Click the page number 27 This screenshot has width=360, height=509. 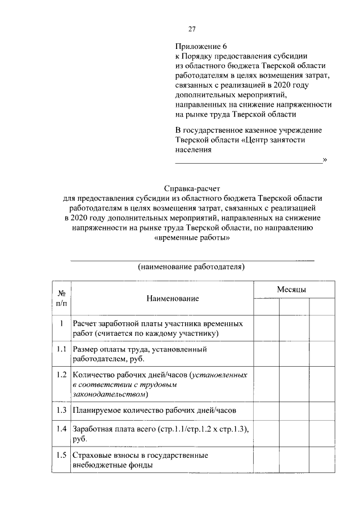(x=192, y=29)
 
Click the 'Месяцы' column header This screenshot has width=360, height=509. (x=291, y=289)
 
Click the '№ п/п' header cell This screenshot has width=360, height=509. (x=61, y=298)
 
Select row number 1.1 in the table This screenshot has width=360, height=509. (x=61, y=349)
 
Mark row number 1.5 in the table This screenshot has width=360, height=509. (x=61, y=455)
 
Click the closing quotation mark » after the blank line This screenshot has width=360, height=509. (x=325, y=160)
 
